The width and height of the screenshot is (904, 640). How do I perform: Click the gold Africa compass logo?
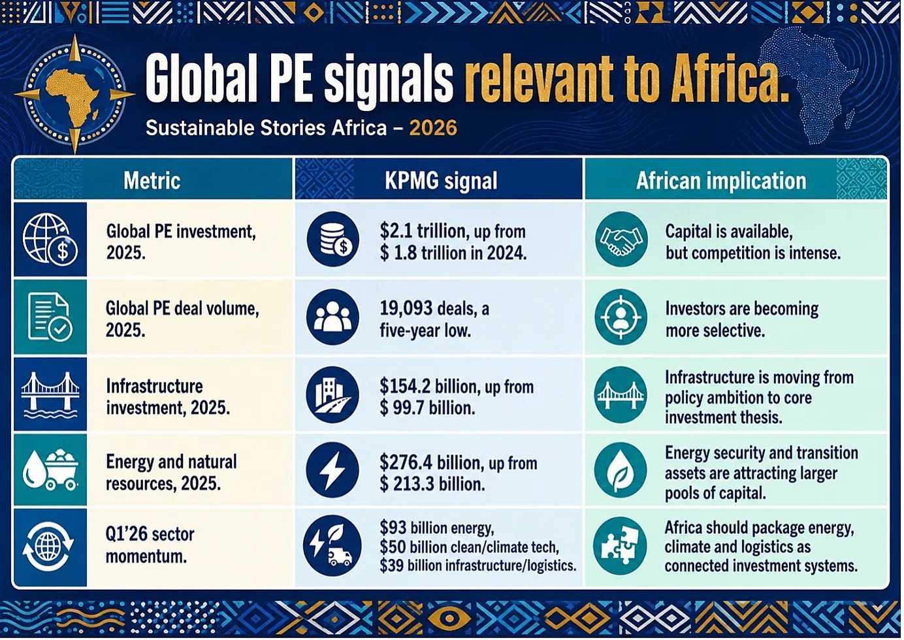click(x=75, y=94)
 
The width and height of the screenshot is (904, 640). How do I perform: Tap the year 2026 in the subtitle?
click(x=433, y=128)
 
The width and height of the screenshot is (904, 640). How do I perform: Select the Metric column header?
click(x=152, y=180)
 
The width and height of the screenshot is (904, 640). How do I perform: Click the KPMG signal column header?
click(x=441, y=180)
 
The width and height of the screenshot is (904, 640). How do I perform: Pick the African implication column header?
click(x=721, y=180)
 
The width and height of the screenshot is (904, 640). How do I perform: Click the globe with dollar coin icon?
click(x=50, y=239)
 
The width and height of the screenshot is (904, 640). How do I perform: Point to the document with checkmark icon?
click(x=50, y=317)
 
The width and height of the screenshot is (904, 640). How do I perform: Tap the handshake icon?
click(x=621, y=239)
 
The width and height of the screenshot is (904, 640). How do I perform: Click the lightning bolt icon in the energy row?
click(x=332, y=470)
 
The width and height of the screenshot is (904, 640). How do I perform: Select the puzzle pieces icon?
click(x=621, y=546)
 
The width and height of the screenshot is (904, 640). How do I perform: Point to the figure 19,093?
click(x=406, y=309)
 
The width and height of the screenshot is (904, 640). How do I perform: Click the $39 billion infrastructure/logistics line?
click(x=477, y=566)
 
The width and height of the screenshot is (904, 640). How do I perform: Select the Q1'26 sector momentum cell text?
click(x=150, y=545)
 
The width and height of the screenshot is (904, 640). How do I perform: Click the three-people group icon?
click(x=332, y=317)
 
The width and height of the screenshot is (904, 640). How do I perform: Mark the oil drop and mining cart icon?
click(x=50, y=470)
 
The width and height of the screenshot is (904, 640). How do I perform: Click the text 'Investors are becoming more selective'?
click(x=742, y=319)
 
